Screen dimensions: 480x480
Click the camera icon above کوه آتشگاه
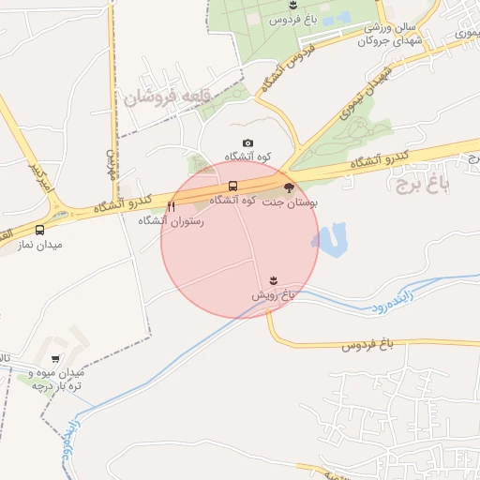247,143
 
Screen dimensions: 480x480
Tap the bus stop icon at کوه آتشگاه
233,186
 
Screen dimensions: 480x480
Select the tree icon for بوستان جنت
288,187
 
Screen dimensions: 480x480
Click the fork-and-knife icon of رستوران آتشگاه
171,207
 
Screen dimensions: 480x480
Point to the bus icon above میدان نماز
40,230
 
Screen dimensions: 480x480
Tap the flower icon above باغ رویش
273,280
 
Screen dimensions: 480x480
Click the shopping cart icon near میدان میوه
55,359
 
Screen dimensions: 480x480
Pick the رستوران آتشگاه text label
165,221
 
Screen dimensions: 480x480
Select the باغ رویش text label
273,294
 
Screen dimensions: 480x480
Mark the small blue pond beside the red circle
332,239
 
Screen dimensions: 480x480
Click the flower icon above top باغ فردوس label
293,7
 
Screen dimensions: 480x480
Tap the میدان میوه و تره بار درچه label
58,380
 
